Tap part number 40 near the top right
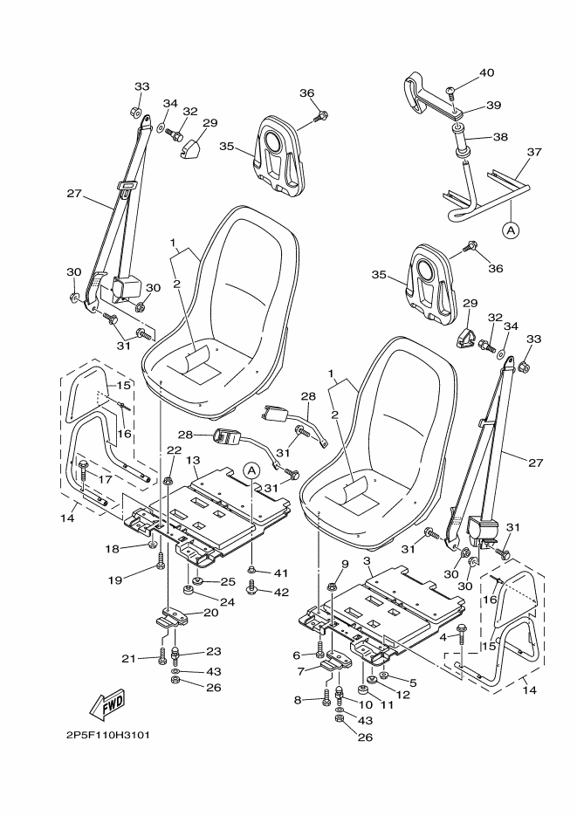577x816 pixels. pos(486,72)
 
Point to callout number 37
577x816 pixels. pos(534,152)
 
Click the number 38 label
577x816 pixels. pos(500,137)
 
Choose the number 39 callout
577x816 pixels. pos(493,105)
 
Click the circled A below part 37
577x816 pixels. pos(511,229)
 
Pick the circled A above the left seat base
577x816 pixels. pos(251,470)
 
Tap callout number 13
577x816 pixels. pos(193,461)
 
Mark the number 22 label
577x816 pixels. pos(175,450)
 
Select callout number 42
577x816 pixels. pos(281,593)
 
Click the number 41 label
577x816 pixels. pos(281,573)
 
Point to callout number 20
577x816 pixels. pos(210,613)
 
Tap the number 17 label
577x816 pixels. pos(105,479)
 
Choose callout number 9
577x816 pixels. pos(345,564)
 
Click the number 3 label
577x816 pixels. pos(367,561)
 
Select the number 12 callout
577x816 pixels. pos(402,694)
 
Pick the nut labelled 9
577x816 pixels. pos(332,587)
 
